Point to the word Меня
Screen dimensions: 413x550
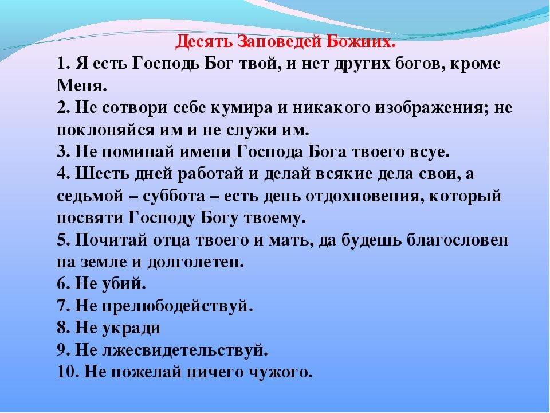(82, 86)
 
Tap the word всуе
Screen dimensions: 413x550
(429, 152)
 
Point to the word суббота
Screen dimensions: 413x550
(173, 196)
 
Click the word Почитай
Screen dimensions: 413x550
(110, 240)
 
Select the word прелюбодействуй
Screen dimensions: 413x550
(177, 306)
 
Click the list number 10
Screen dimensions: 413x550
(68, 372)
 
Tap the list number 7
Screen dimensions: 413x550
(64, 306)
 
